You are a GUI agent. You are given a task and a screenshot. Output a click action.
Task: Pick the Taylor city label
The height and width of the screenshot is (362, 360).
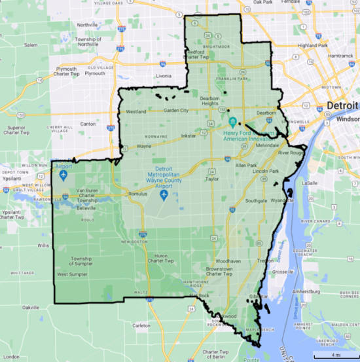pos(211,177)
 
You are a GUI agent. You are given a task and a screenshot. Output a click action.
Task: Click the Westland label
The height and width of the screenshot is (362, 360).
pos(135,111)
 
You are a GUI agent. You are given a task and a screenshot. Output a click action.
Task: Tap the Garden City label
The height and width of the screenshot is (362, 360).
pos(175,110)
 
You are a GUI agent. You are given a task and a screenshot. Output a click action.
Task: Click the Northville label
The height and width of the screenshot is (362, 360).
pos(87,25)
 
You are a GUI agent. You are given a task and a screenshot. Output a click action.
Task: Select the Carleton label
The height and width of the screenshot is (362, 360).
pos(141,325)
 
